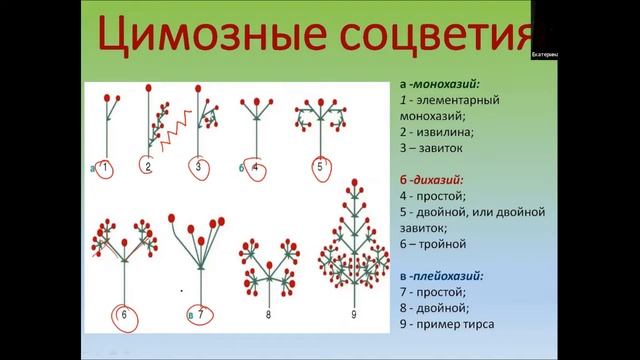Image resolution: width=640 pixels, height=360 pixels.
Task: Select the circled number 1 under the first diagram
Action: [107, 166]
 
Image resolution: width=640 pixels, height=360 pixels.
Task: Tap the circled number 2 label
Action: [148, 167]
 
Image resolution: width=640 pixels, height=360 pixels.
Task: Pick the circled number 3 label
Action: [199, 167]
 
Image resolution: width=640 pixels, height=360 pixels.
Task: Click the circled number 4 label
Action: [255, 167]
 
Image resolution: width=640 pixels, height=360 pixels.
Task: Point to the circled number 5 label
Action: [320, 167]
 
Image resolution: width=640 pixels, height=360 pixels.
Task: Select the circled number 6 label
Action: [123, 316]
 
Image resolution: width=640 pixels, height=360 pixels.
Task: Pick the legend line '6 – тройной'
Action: [423, 243]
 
